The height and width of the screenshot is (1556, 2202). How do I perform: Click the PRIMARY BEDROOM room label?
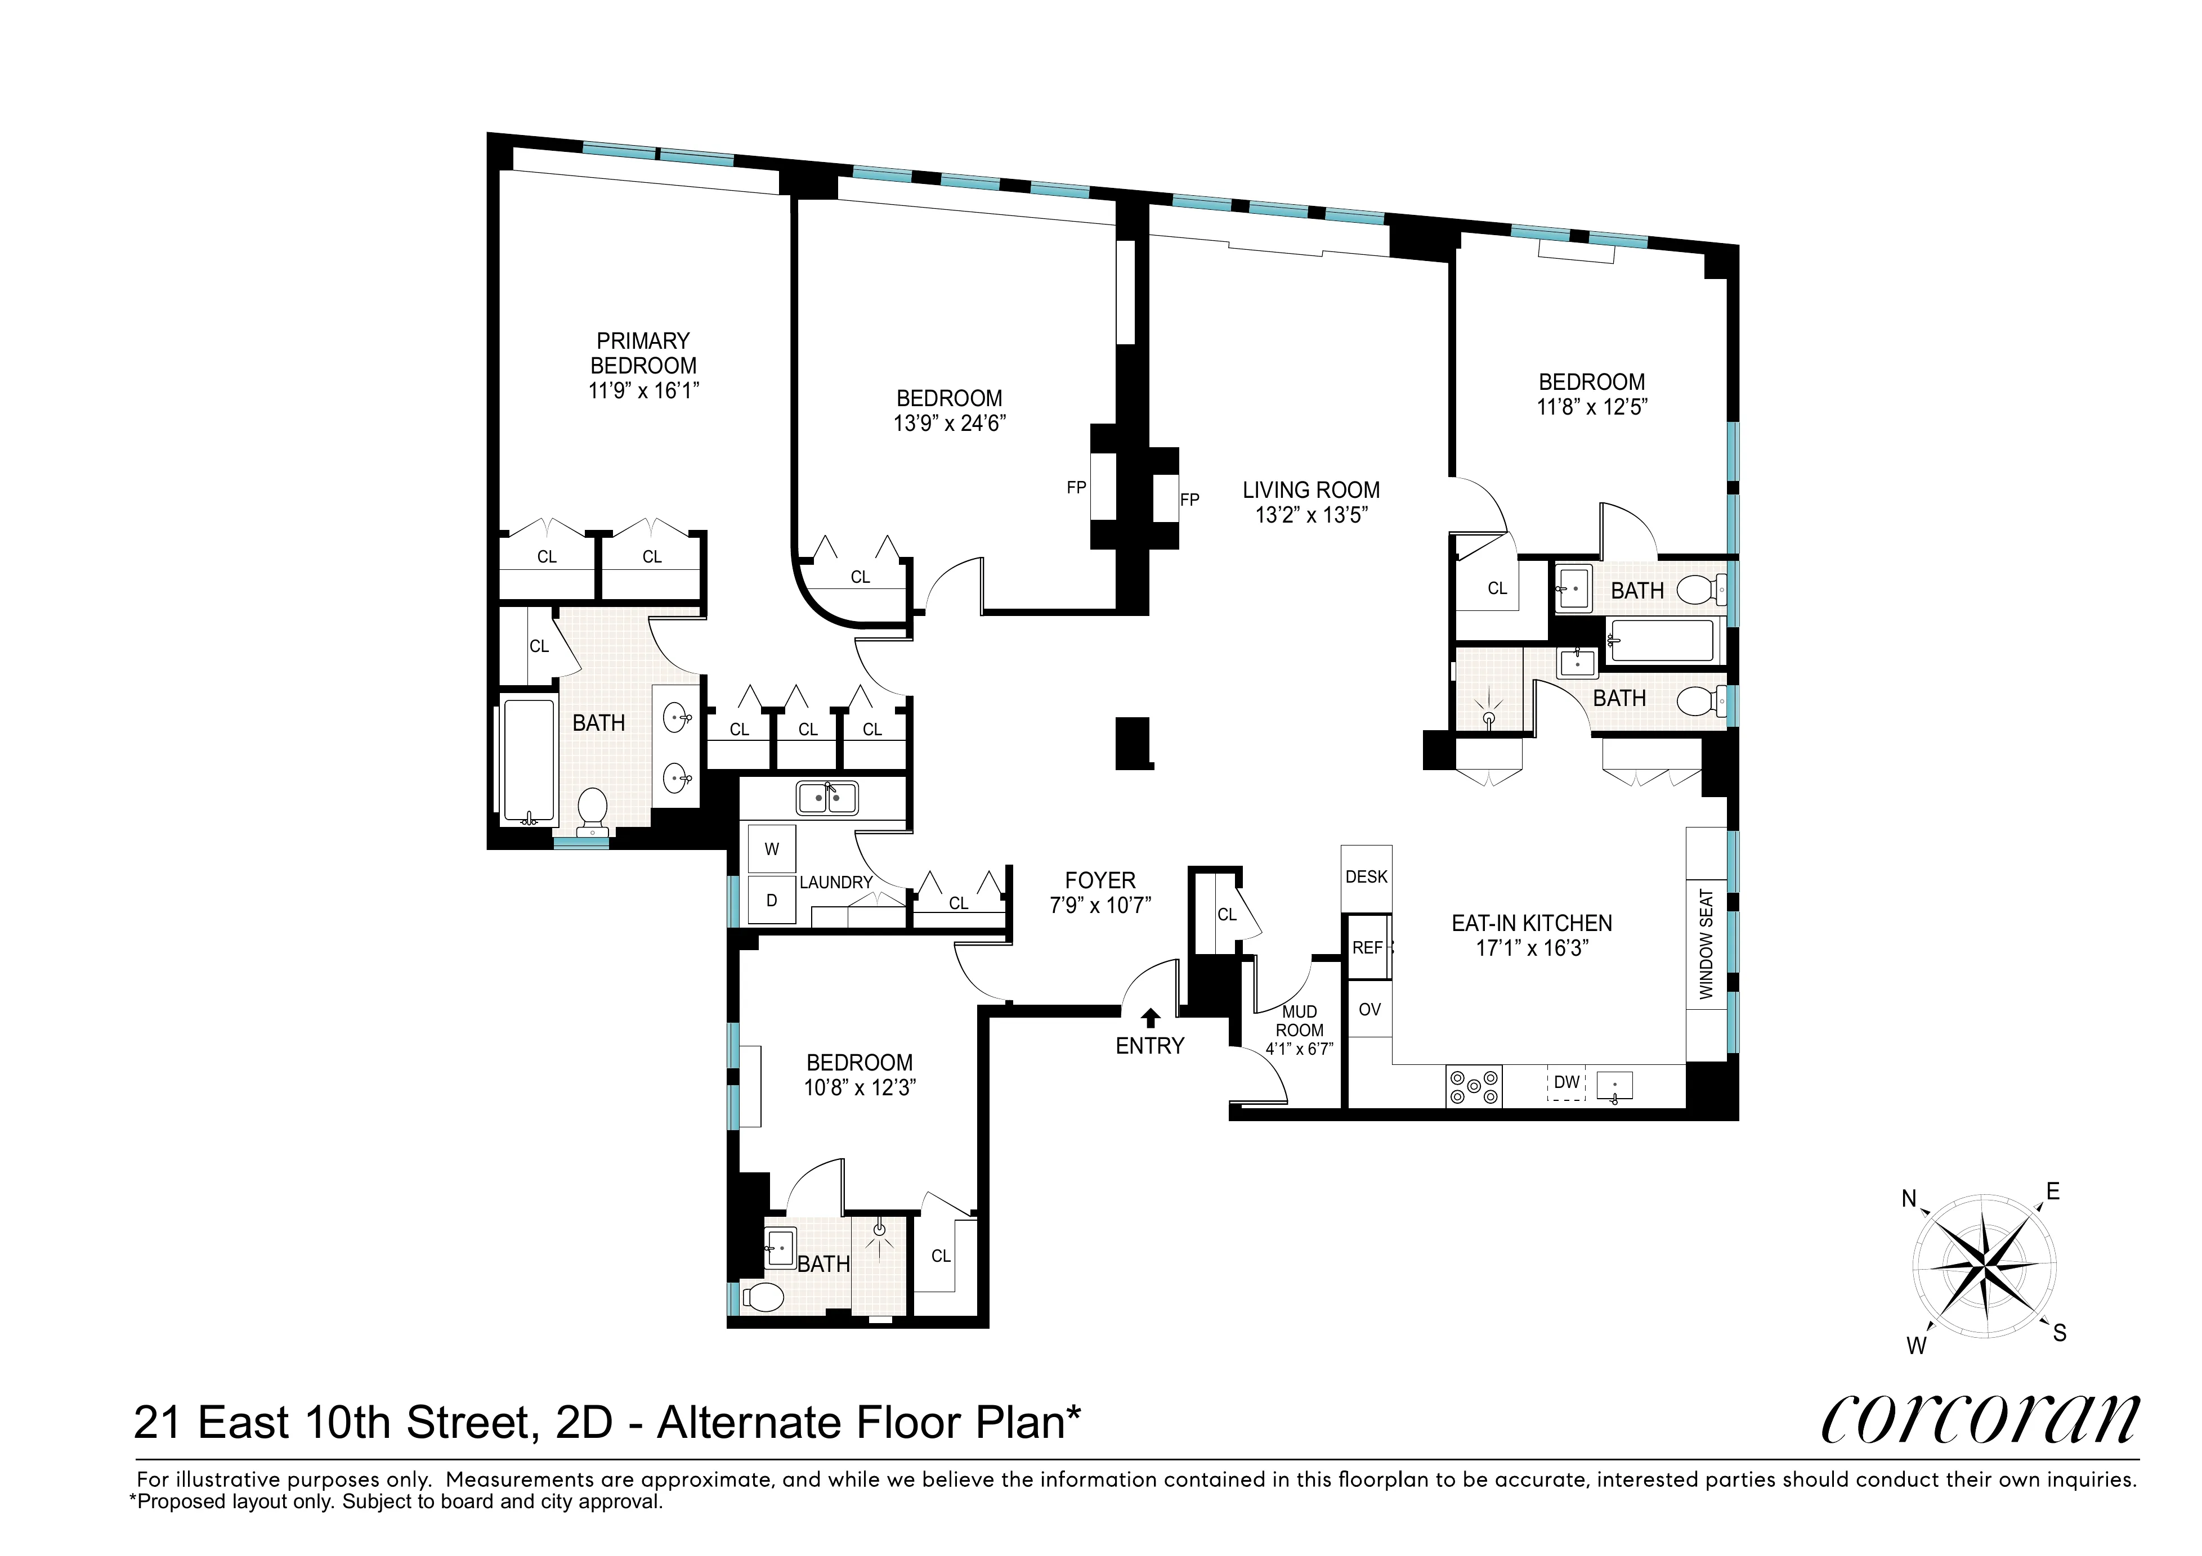(x=643, y=353)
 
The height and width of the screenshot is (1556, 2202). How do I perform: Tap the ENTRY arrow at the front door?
(x=1150, y=1017)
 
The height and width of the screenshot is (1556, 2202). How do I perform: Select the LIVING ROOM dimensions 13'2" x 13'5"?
(x=1311, y=515)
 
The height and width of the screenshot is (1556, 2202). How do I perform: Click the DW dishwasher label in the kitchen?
(x=1566, y=1082)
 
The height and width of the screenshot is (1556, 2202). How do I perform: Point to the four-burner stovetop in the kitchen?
(x=1473, y=1087)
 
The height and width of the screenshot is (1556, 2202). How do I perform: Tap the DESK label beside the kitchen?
(x=1366, y=876)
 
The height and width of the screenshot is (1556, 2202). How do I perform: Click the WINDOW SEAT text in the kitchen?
(x=1705, y=945)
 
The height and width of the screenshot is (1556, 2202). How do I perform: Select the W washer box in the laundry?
(x=771, y=848)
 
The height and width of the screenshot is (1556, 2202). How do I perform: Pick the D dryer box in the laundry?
(x=771, y=900)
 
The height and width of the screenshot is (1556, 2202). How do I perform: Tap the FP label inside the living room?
(x=1189, y=500)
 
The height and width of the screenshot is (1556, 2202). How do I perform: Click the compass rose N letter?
(x=1909, y=1198)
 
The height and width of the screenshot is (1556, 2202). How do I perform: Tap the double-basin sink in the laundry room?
(x=827, y=798)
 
